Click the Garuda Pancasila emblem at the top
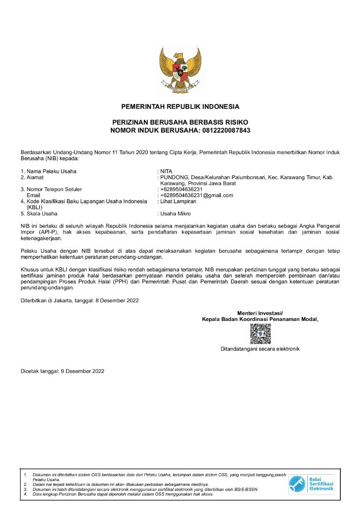pyautogui.click(x=180, y=71)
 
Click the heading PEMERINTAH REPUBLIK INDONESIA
pyautogui.click(x=180, y=107)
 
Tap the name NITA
pyautogui.click(x=166, y=171)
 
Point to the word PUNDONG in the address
pyautogui.click(x=173, y=178)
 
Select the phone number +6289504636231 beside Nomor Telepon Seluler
pyautogui.click(x=181, y=189)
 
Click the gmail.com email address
pyautogui.click(x=196, y=195)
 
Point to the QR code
pyautogui.click(x=260, y=334)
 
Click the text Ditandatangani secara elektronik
pyautogui.click(x=260, y=349)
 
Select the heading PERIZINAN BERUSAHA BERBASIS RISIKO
pyautogui.click(x=180, y=122)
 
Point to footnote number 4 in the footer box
pyautogui.click(x=25, y=493)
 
